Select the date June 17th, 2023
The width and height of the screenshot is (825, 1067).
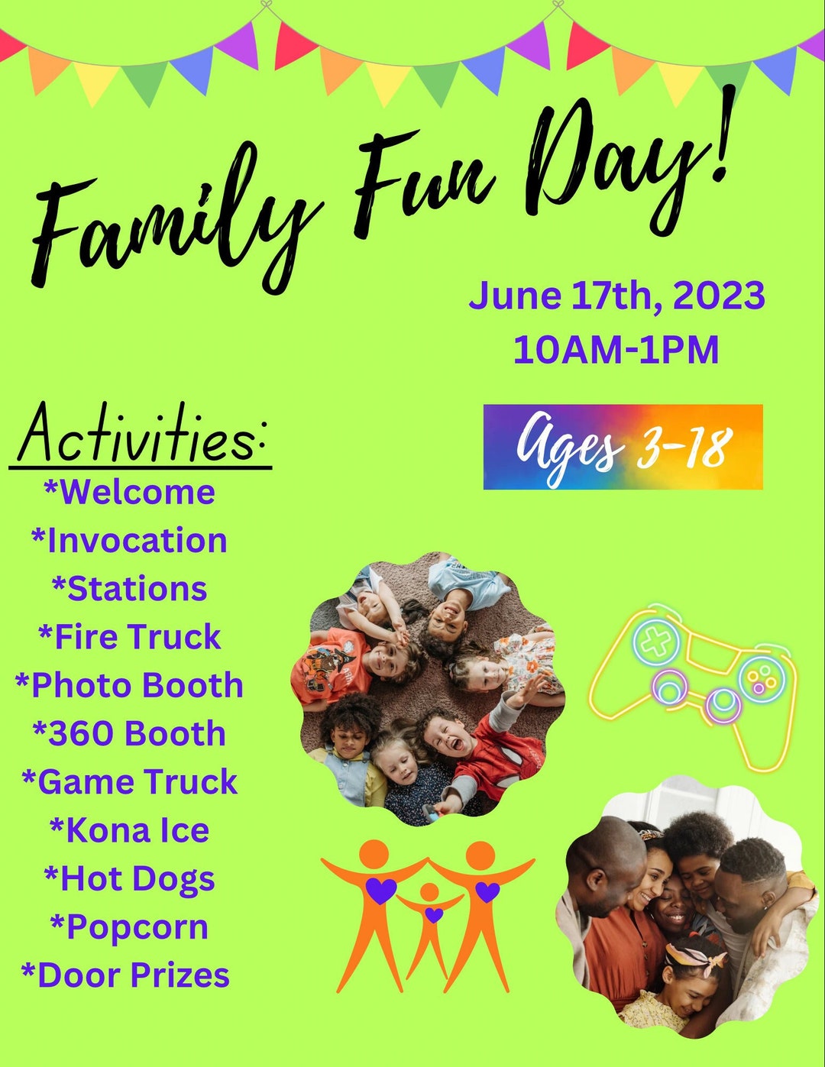pyautogui.click(x=616, y=296)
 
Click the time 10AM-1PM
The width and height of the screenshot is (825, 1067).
pyautogui.click(x=616, y=350)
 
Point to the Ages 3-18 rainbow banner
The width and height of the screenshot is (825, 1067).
pyautogui.click(x=623, y=447)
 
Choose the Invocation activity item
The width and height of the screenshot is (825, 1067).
pyautogui.click(x=129, y=541)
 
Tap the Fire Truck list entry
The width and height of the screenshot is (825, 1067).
pyautogui.click(x=130, y=637)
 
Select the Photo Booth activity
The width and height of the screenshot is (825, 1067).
pyautogui.click(x=129, y=685)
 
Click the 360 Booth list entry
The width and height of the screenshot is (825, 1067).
pyautogui.click(x=129, y=733)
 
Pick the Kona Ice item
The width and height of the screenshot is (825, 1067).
pyautogui.click(x=129, y=830)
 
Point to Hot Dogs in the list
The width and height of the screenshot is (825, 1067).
pyautogui.click(x=129, y=878)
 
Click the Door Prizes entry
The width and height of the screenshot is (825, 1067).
pyautogui.click(x=126, y=975)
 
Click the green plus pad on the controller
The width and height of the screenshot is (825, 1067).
pyautogui.click(x=654, y=642)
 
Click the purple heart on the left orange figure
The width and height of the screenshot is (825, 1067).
pyautogui.click(x=382, y=890)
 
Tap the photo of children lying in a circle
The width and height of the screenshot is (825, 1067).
pyautogui.click(x=428, y=687)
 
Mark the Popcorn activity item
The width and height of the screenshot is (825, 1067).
pyautogui.click(x=129, y=927)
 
